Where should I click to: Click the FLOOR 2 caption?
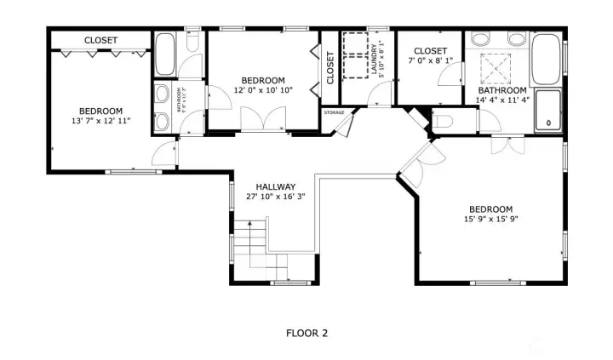point(306,334)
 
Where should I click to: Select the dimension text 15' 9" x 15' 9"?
point(490,220)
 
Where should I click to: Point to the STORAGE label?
point(334,111)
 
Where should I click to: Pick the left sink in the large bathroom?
point(481,38)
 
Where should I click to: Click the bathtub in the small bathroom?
point(165,54)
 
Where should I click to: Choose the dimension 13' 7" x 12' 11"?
point(101,122)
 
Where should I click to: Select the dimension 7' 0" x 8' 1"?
point(431,61)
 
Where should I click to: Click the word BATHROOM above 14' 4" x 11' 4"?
point(502,90)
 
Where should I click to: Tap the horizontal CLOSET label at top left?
point(100,40)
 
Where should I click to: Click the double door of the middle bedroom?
point(264,119)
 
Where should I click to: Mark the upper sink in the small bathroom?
point(162,94)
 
